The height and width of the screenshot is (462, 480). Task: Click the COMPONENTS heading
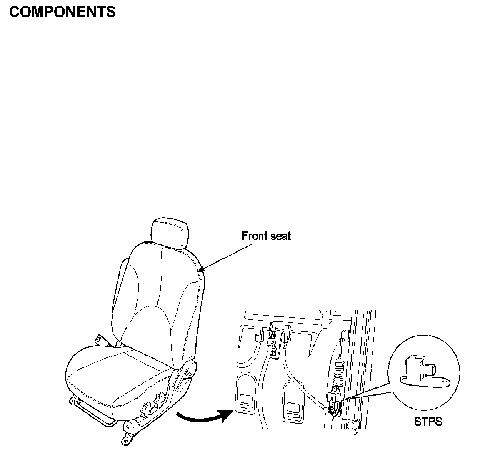(x=62, y=12)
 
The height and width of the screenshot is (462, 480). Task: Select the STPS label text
(x=428, y=422)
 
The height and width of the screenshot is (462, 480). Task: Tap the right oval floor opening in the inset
(x=293, y=404)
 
